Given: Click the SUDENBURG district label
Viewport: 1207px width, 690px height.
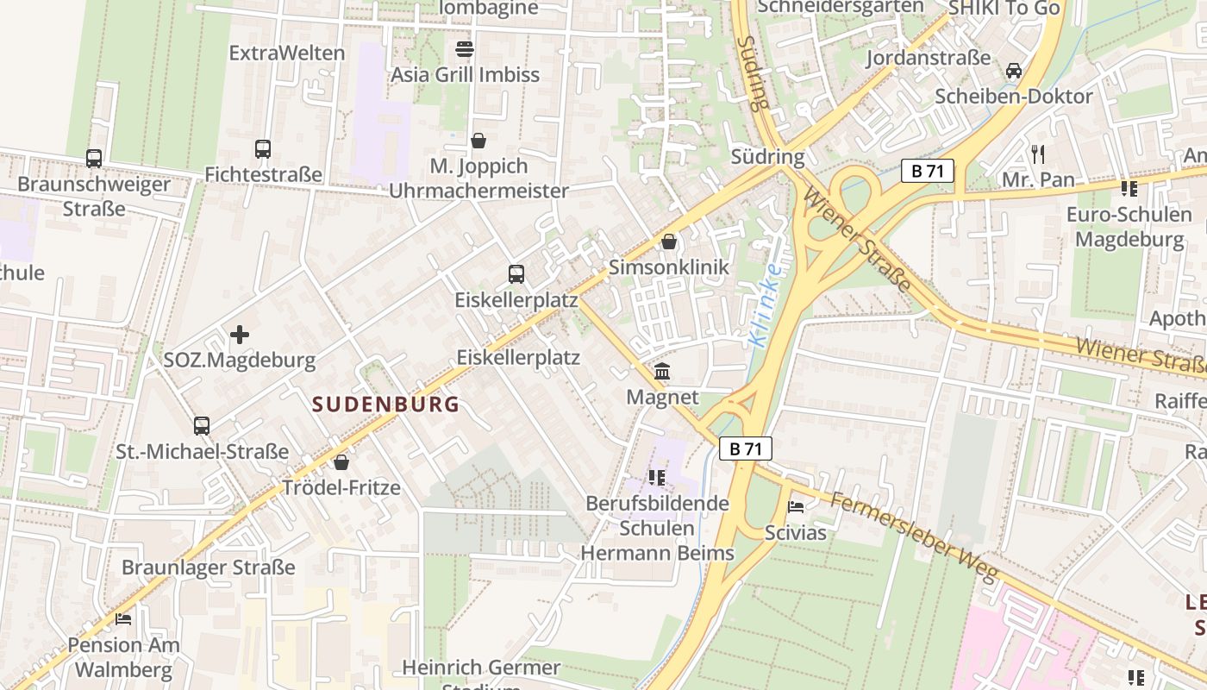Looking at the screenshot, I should click(385, 404).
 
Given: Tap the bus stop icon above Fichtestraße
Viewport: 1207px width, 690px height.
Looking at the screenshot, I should click(263, 148).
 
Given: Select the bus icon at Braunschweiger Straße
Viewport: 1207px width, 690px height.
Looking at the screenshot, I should click(94, 159).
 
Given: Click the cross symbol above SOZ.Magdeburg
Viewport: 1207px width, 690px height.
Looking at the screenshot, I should click(240, 334).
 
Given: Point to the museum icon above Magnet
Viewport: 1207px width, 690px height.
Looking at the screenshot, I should click(662, 372).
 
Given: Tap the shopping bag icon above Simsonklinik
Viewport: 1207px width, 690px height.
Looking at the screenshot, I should click(669, 241).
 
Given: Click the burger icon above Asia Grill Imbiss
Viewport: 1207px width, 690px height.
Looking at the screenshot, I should click(465, 48).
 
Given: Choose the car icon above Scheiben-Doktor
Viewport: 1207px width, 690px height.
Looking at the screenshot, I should click(1014, 70).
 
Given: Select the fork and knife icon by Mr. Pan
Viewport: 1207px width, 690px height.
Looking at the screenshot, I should click(1038, 154).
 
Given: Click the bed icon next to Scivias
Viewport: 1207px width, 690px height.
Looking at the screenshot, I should click(796, 507).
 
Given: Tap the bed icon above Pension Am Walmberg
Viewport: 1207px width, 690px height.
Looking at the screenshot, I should click(124, 619).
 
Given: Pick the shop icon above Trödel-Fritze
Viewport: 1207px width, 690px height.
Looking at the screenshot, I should click(341, 462).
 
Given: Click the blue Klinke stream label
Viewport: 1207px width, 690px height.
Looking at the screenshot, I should click(765, 304).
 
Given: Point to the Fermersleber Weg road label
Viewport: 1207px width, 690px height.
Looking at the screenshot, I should click(914, 536).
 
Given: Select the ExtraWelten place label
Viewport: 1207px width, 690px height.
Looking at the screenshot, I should click(286, 53).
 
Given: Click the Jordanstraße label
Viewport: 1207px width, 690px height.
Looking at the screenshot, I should click(928, 58).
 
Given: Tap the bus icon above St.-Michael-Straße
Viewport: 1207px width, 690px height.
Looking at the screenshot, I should click(202, 425).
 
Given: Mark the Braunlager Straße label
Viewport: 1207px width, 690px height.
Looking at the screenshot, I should click(208, 568).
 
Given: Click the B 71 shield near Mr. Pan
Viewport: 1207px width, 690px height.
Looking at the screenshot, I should click(928, 171).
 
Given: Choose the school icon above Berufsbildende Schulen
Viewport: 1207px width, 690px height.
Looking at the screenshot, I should click(657, 477).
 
